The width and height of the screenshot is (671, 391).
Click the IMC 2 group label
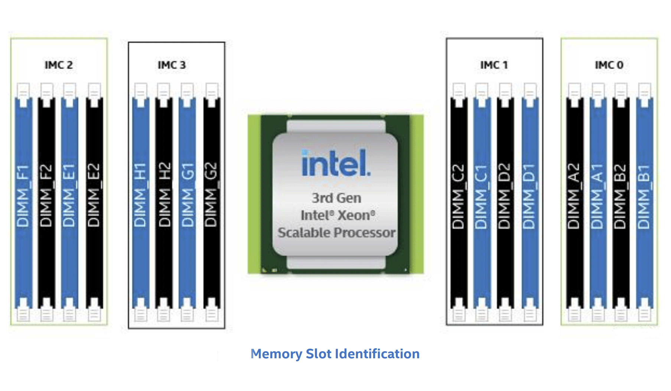click(59, 65)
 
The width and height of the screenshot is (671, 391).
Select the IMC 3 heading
click(172, 65)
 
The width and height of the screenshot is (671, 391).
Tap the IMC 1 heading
click(494, 65)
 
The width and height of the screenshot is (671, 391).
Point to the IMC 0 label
click(609, 65)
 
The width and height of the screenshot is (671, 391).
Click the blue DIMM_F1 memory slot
click(23, 203)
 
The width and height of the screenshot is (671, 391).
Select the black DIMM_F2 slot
click(46, 203)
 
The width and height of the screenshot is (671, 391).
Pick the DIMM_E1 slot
click(69, 203)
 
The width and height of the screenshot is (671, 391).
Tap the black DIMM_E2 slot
click(94, 203)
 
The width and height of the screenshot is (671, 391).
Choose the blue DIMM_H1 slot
click(140, 203)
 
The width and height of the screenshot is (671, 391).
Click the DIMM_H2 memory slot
click(163, 203)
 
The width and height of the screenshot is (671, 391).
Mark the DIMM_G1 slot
click(187, 203)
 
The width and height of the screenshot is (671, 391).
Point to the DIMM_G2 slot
click(212, 203)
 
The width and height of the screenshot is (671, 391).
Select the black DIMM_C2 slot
click(459, 203)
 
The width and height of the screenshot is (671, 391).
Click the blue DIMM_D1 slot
click(530, 203)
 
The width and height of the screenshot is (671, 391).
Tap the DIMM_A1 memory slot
click(598, 203)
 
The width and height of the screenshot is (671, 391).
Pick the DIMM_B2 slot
click(621, 203)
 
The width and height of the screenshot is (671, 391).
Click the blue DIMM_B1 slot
click(644, 203)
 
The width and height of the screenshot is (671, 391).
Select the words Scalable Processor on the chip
click(336, 233)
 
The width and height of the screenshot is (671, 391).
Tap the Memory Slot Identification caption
click(335, 354)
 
